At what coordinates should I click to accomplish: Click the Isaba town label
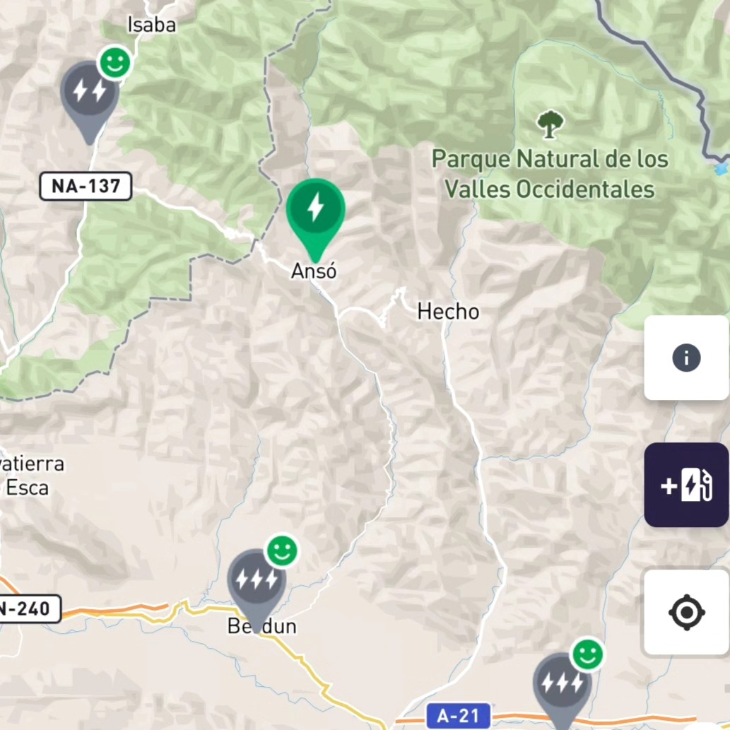(151, 25)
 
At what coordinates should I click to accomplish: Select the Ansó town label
(314, 271)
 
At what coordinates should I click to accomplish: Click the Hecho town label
(448, 311)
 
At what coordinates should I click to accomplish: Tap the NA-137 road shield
(86, 187)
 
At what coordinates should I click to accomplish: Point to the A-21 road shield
(459, 716)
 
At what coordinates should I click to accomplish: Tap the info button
(685, 358)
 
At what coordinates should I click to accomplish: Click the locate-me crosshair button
(685, 612)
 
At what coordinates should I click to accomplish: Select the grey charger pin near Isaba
(89, 92)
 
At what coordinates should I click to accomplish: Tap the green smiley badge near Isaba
(115, 63)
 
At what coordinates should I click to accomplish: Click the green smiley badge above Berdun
(282, 551)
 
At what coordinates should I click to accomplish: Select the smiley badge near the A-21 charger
(587, 655)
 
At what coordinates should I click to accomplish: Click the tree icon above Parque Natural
(550, 124)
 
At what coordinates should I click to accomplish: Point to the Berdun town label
(261, 626)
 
